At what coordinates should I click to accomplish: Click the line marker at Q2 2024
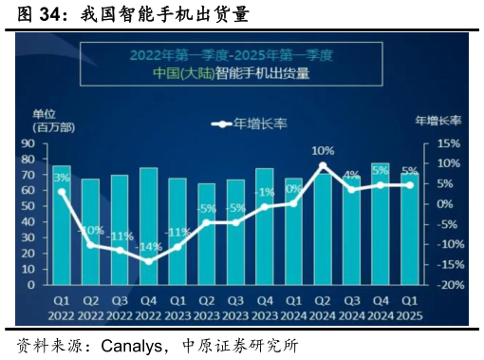pyautogui.click(x=323, y=166)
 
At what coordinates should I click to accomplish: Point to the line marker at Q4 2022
pyautogui.click(x=149, y=261)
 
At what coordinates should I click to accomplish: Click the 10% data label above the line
pyautogui.click(x=323, y=150)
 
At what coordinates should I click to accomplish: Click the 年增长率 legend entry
pyautogui.click(x=252, y=123)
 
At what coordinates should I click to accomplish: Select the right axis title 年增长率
pyautogui.click(x=437, y=121)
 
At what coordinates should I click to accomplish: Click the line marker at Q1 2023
pyautogui.click(x=177, y=247)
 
